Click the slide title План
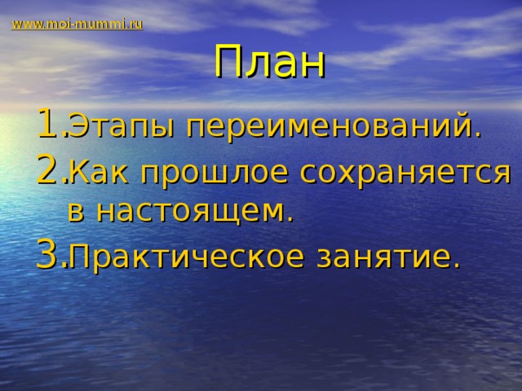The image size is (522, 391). (269, 64)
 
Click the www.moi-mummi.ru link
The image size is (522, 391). (77, 24)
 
